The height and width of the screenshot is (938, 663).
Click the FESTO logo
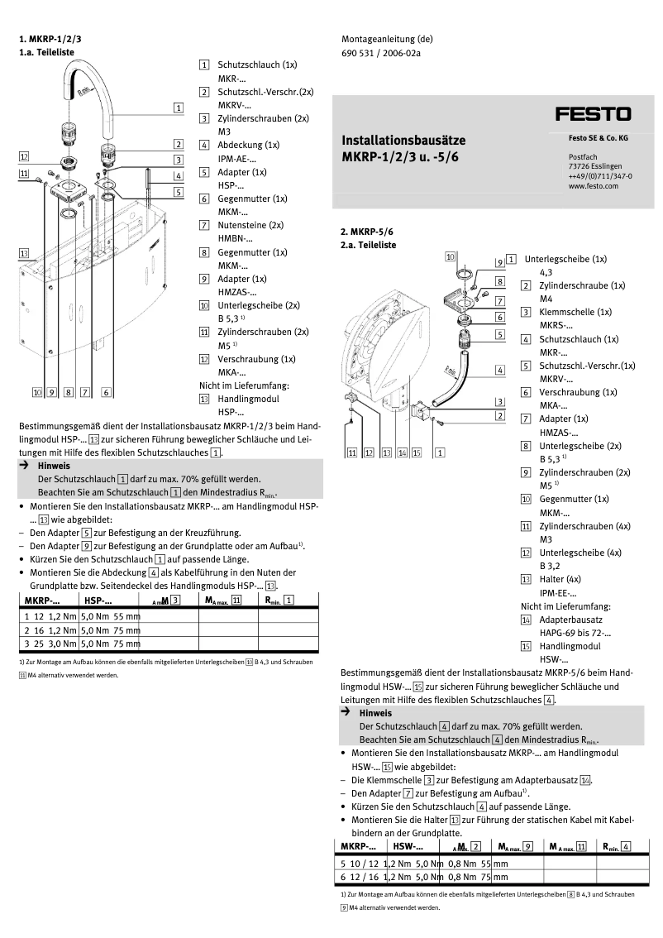[x=593, y=114]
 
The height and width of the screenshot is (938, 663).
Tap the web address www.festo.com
[x=594, y=187]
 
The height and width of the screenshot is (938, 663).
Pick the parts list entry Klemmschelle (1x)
[x=575, y=312]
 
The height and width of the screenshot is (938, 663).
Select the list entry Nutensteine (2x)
[x=250, y=224]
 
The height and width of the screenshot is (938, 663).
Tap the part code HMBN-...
[x=233, y=237]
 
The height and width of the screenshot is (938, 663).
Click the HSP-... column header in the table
[x=98, y=601]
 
